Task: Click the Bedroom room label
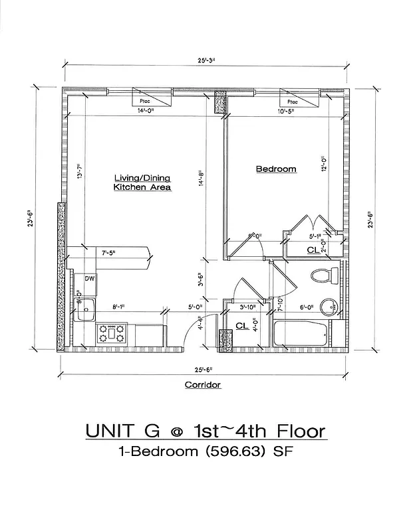(276, 169)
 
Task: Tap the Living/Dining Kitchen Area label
(142, 183)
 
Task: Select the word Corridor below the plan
(202, 384)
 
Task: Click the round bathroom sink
(328, 307)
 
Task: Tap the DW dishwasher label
(90, 279)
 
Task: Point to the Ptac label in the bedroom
(292, 102)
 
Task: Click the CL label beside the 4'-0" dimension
(241, 326)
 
